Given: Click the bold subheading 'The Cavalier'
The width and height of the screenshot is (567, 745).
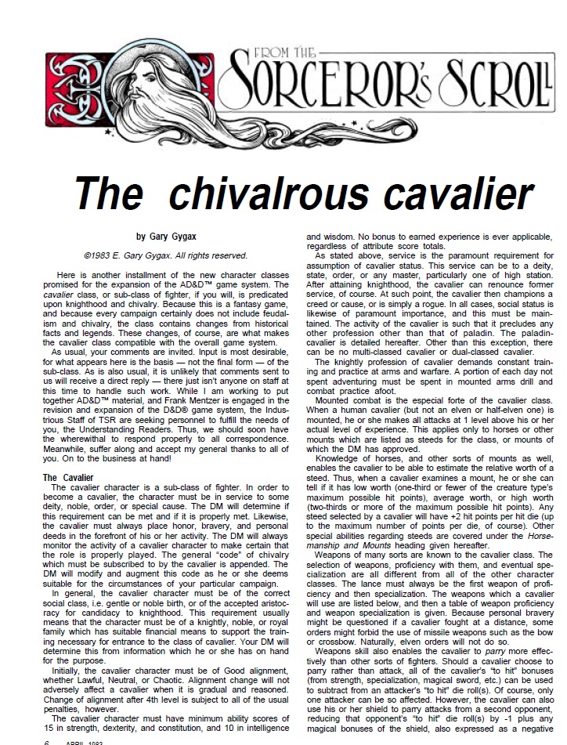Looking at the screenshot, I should tap(67, 477).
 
